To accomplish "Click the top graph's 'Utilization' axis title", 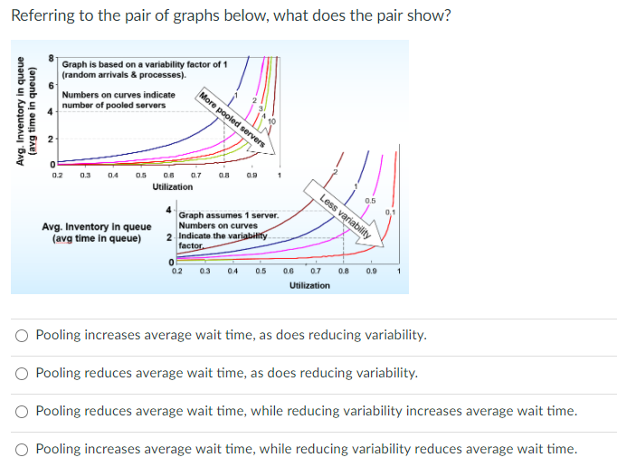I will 172,186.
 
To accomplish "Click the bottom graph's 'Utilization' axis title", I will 309,285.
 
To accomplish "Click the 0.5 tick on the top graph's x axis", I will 143,174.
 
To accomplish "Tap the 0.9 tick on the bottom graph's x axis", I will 371,272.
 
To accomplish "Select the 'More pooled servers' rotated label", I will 232,121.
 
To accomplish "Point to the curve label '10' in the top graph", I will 271,120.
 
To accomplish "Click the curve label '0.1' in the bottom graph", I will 390,212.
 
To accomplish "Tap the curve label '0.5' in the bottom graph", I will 370,200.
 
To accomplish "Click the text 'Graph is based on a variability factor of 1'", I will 144,64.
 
